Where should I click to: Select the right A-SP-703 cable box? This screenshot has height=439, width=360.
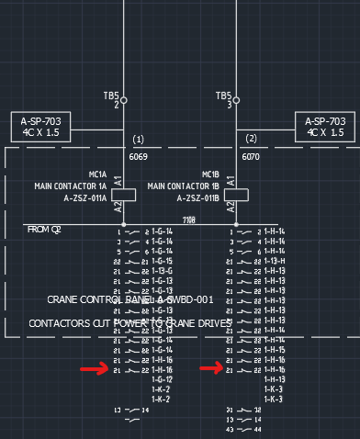click(x=325, y=127)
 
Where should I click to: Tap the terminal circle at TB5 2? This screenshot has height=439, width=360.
click(x=124, y=100)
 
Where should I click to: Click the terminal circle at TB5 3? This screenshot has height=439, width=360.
click(x=237, y=100)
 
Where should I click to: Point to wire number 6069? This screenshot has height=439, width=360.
click(x=139, y=157)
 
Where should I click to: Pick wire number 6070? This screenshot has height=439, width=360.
click(x=252, y=157)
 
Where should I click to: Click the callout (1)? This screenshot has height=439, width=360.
click(x=139, y=140)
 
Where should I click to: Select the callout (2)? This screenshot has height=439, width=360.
click(x=252, y=140)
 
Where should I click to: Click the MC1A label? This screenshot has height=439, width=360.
click(x=97, y=175)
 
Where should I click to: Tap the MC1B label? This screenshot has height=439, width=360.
click(x=210, y=175)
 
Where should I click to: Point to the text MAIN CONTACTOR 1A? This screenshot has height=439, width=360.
click(x=71, y=186)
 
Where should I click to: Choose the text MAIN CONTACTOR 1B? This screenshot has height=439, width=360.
click(x=184, y=186)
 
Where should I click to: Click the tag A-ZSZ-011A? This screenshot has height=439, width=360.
click(x=85, y=197)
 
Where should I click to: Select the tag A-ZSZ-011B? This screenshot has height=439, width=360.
click(x=198, y=197)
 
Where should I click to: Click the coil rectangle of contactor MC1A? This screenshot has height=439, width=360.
click(x=129, y=194)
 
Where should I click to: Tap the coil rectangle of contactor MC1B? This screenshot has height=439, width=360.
click(x=242, y=194)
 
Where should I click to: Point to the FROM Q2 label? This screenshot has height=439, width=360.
click(x=44, y=229)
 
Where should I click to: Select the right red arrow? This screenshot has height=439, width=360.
click(x=212, y=369)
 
